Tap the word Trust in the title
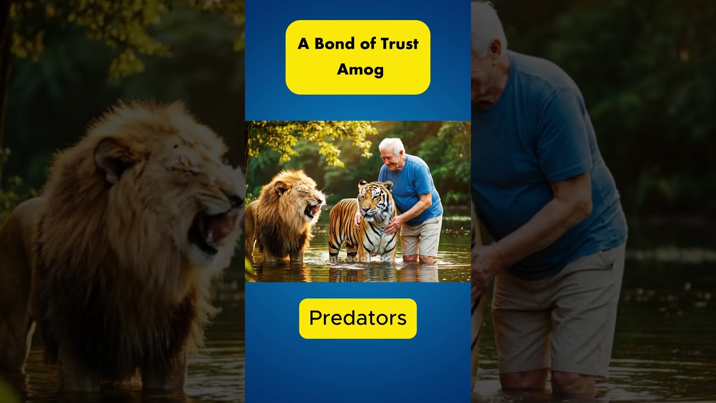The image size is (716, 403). pos(398,44)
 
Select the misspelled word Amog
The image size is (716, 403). pos(360,70)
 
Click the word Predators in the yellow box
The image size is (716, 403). pos(357,318)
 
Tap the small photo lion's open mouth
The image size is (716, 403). pos(313,210)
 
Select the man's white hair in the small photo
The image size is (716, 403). pos(392,145)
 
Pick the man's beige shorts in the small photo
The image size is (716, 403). pos(421,237)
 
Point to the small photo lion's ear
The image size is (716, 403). pos(280,188)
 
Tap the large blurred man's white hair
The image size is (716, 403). pos(487,28)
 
